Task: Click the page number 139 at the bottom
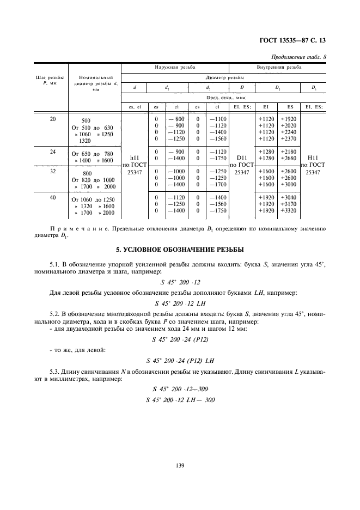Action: coord(180,465)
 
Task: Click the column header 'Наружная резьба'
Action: coord(174,67)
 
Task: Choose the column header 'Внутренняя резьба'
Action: coord(278,67)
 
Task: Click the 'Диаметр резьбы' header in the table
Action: coord(223,77)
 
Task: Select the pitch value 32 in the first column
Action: coord(53,170)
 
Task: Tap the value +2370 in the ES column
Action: coord(289,139)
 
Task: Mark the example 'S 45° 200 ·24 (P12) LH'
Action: coord(180,361)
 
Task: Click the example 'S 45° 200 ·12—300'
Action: coord(180,389)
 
